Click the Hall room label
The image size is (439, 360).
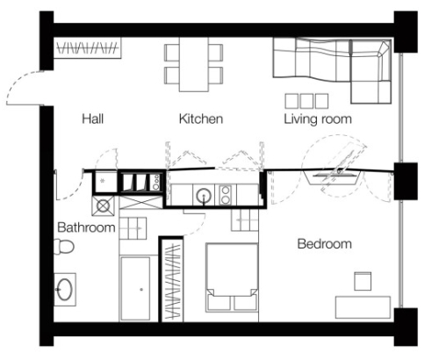click(93, 119)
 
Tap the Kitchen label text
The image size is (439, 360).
click(201, 119)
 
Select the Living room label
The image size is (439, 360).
click(318, 119)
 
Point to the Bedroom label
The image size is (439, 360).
click(325, 244)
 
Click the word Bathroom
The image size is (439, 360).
click(86, 227)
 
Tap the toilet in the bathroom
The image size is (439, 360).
click(63, 247)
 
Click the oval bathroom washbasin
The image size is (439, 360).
click(65, 289)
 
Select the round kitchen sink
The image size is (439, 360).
click(204, 196)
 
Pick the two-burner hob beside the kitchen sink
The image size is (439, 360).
click(226, 195)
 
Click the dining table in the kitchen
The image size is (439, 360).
click(194, 65)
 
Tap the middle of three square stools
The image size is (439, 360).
click(306, 101)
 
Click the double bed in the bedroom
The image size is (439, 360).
click(232, 277)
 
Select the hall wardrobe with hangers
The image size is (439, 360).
click(88, 47)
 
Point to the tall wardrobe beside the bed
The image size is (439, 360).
click(172, 279)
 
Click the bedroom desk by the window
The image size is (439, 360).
click(363, 307)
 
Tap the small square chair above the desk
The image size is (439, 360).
click(363, 281)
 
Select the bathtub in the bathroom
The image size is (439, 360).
click(135, 289)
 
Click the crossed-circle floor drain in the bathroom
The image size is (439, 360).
click(103, 206)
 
